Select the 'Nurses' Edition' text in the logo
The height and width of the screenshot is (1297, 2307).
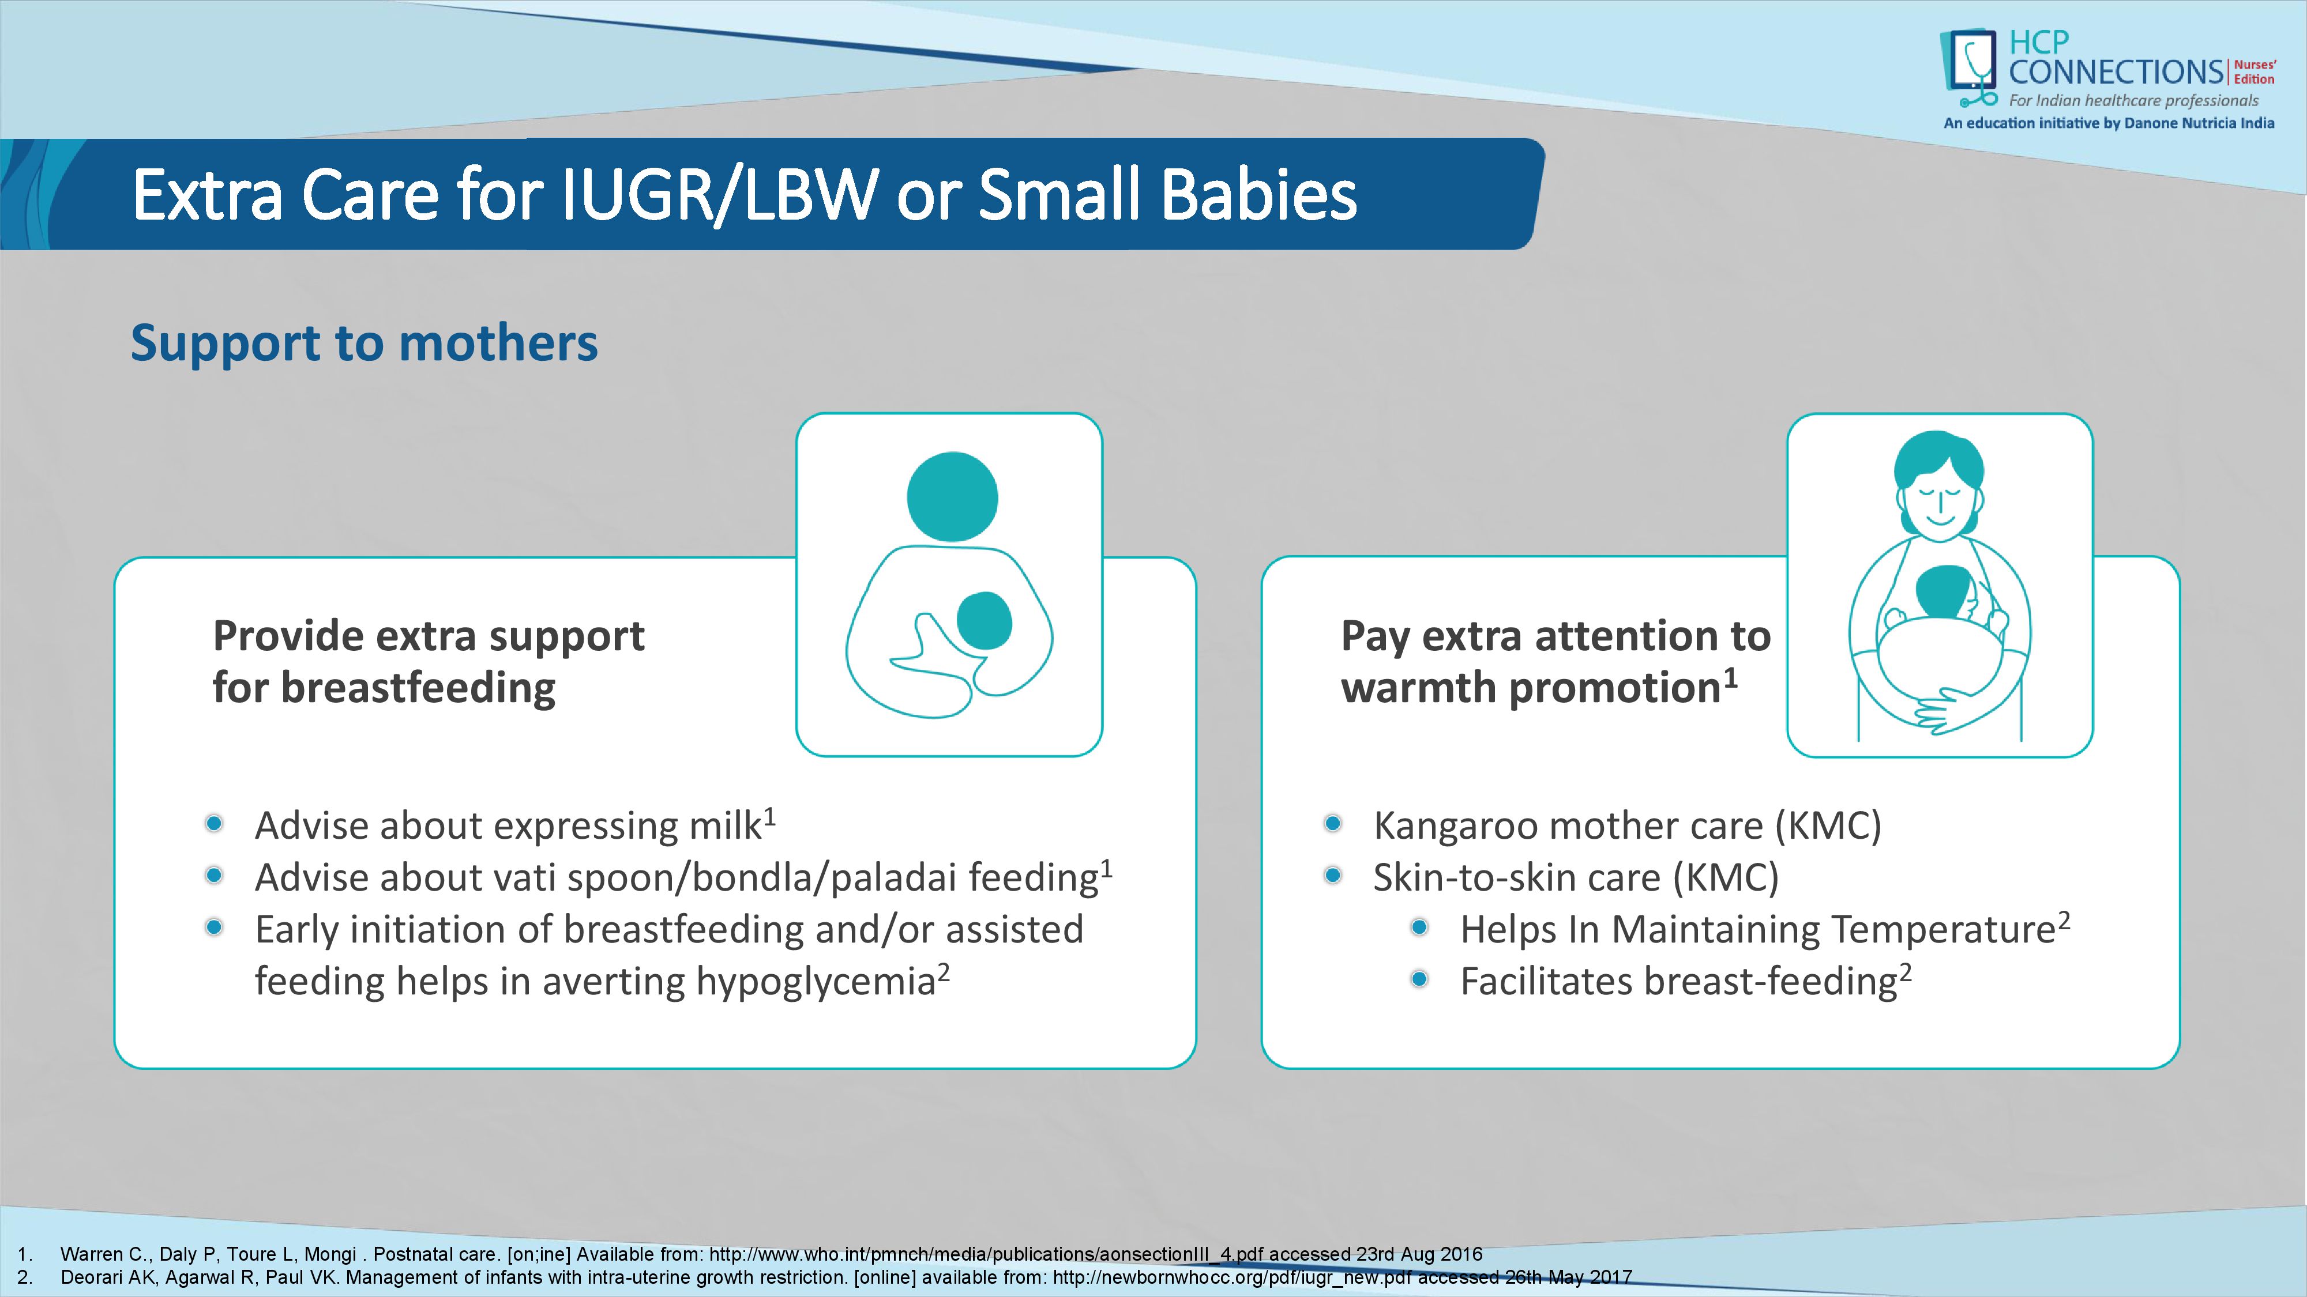click(2254, 71)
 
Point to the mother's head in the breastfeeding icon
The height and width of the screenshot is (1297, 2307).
click(952, 497)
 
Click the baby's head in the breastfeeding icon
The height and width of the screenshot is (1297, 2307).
click(985, 620)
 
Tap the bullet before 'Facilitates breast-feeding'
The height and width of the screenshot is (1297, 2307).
click(1419, 979)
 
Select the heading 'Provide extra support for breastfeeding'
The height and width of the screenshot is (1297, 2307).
click(428, 662)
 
